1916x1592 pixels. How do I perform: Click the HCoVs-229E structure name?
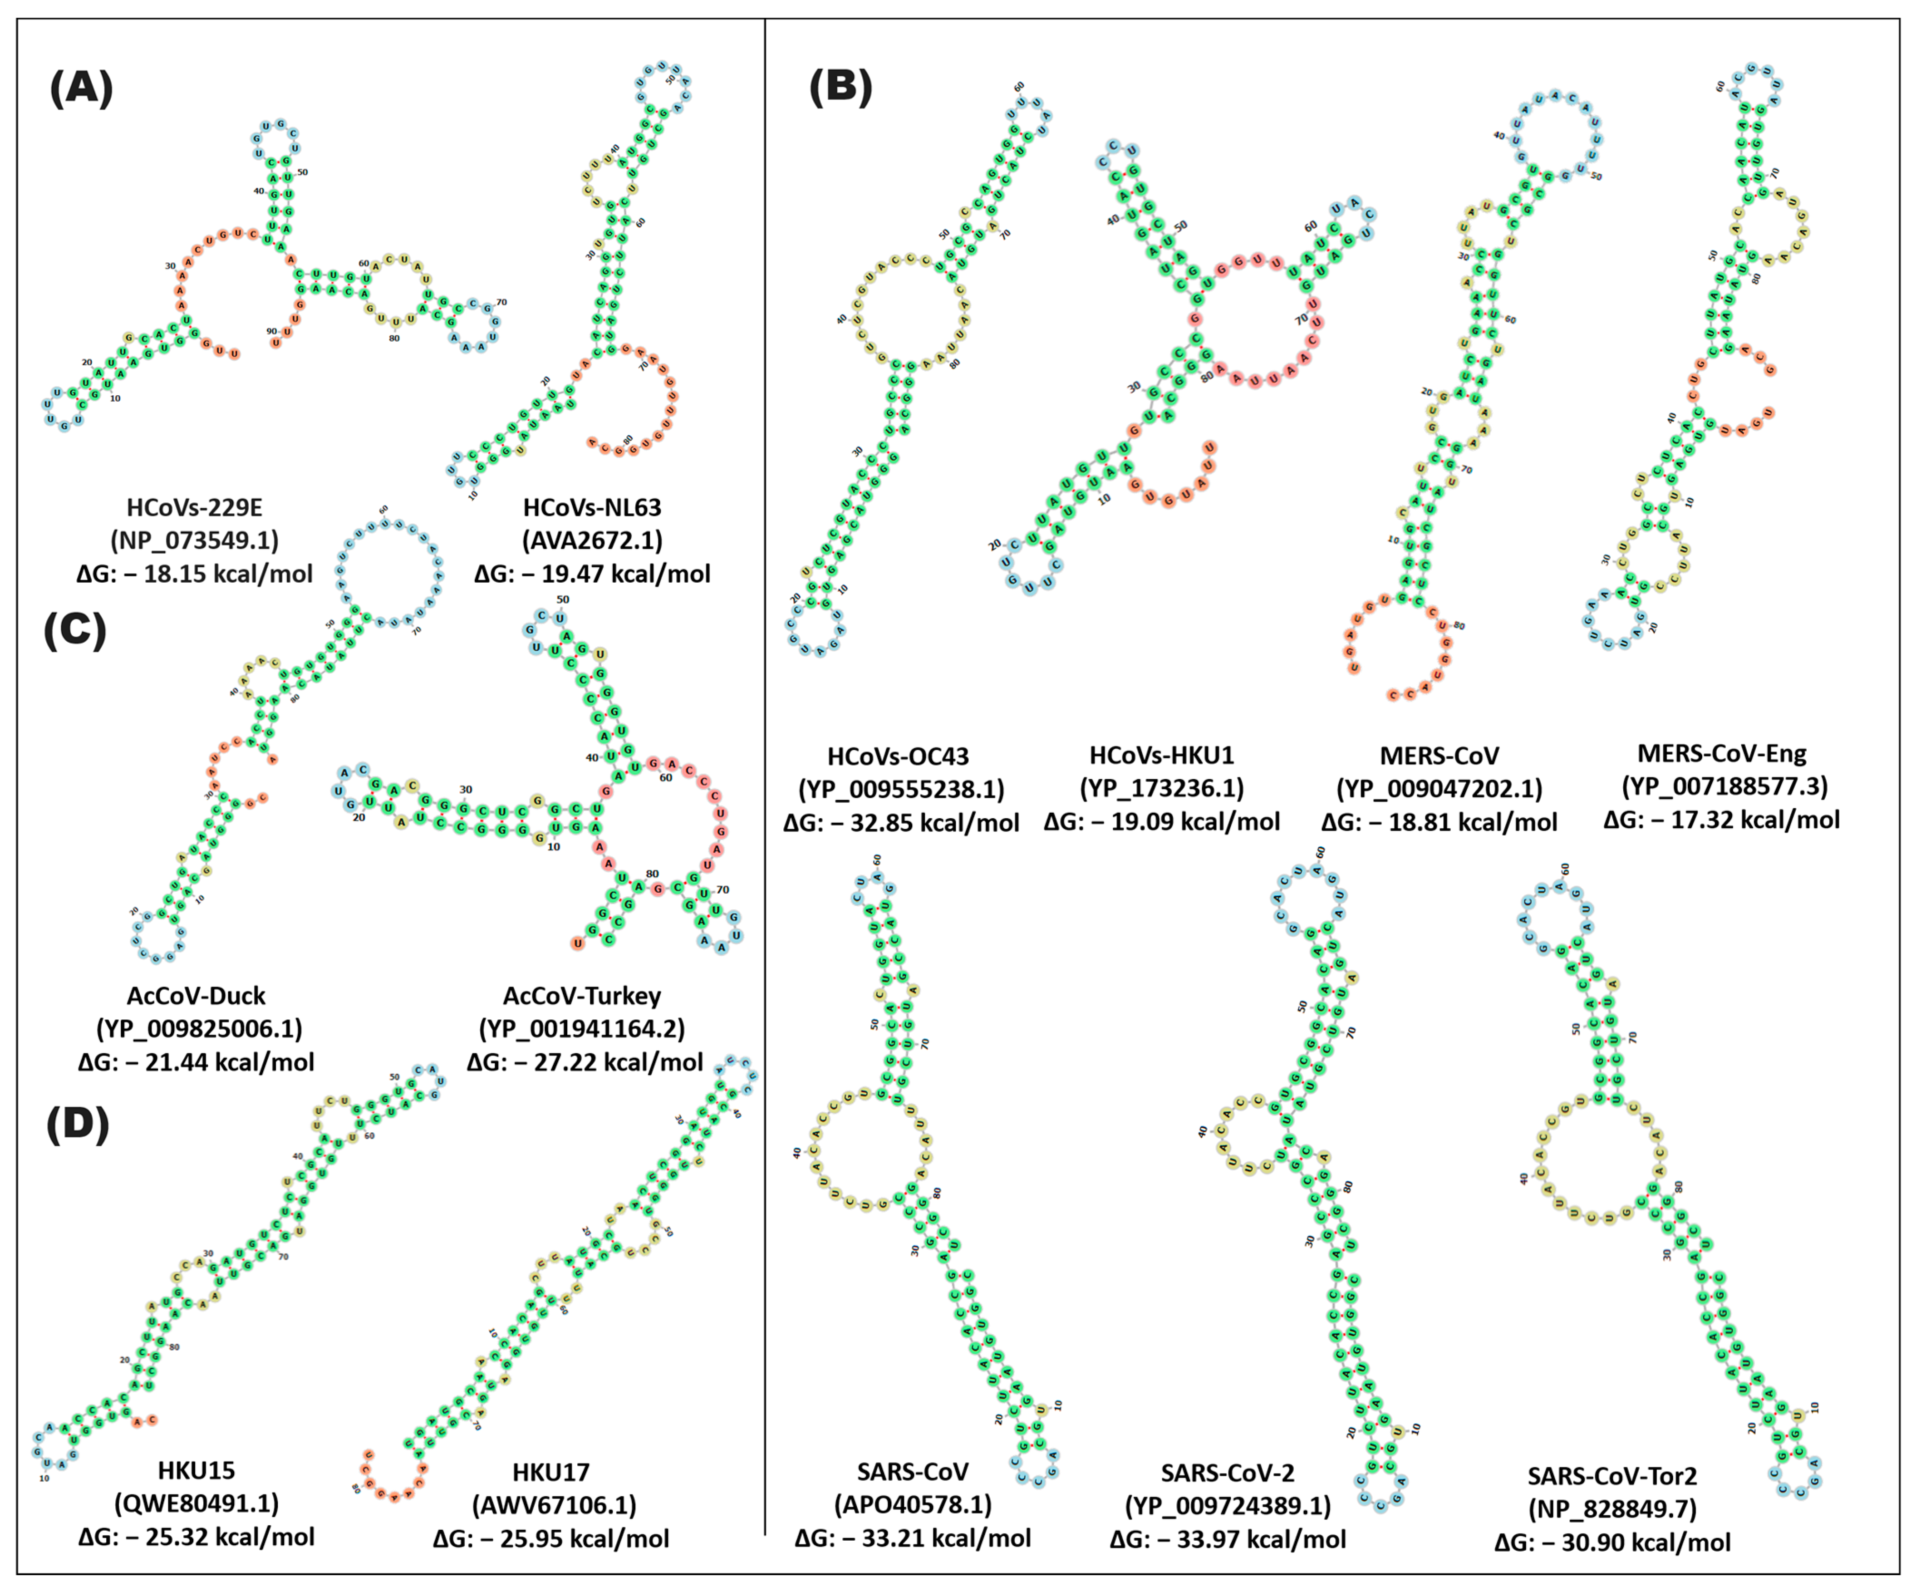point(194,507)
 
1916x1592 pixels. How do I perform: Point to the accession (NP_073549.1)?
point(194,540)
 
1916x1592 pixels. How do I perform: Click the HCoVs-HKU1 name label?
point(1161,756)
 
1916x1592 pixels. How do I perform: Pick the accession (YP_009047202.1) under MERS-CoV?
point(1439,789)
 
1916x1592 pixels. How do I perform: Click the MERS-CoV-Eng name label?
point(1722,754)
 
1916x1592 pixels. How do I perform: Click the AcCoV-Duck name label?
point(196,995)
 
